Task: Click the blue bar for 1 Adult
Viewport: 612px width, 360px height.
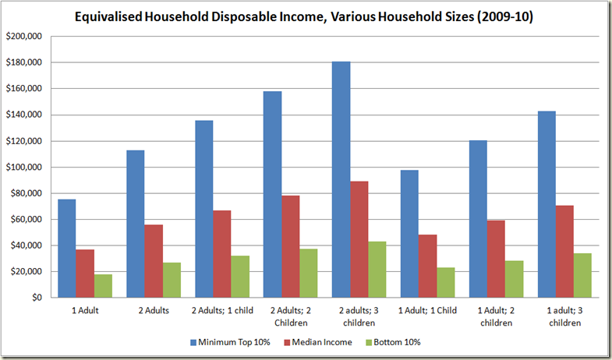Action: (x=66, y=249)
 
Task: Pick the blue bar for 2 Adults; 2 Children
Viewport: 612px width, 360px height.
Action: (x=272, y=195)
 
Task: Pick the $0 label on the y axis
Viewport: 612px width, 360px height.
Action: (x=37, y=298)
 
